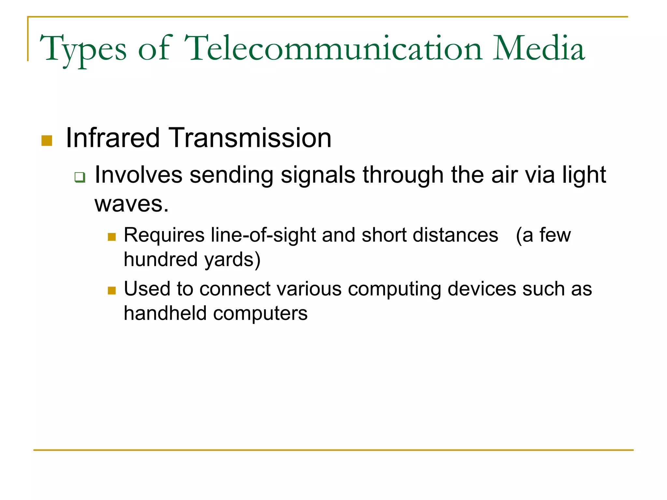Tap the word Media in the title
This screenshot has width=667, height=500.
coord(539,49)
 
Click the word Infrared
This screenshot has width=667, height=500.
coord(112,138)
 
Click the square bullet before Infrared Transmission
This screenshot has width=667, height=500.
coord(47,141)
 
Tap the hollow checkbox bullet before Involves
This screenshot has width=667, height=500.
coord(80,177)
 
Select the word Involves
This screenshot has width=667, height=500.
coord(138,175)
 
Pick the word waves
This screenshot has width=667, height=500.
coord(131,204)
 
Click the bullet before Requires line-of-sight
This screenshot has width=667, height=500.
coord(112,237)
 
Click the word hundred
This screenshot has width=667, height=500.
coord(161,259)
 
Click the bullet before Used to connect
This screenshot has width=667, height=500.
coord(112,290)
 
